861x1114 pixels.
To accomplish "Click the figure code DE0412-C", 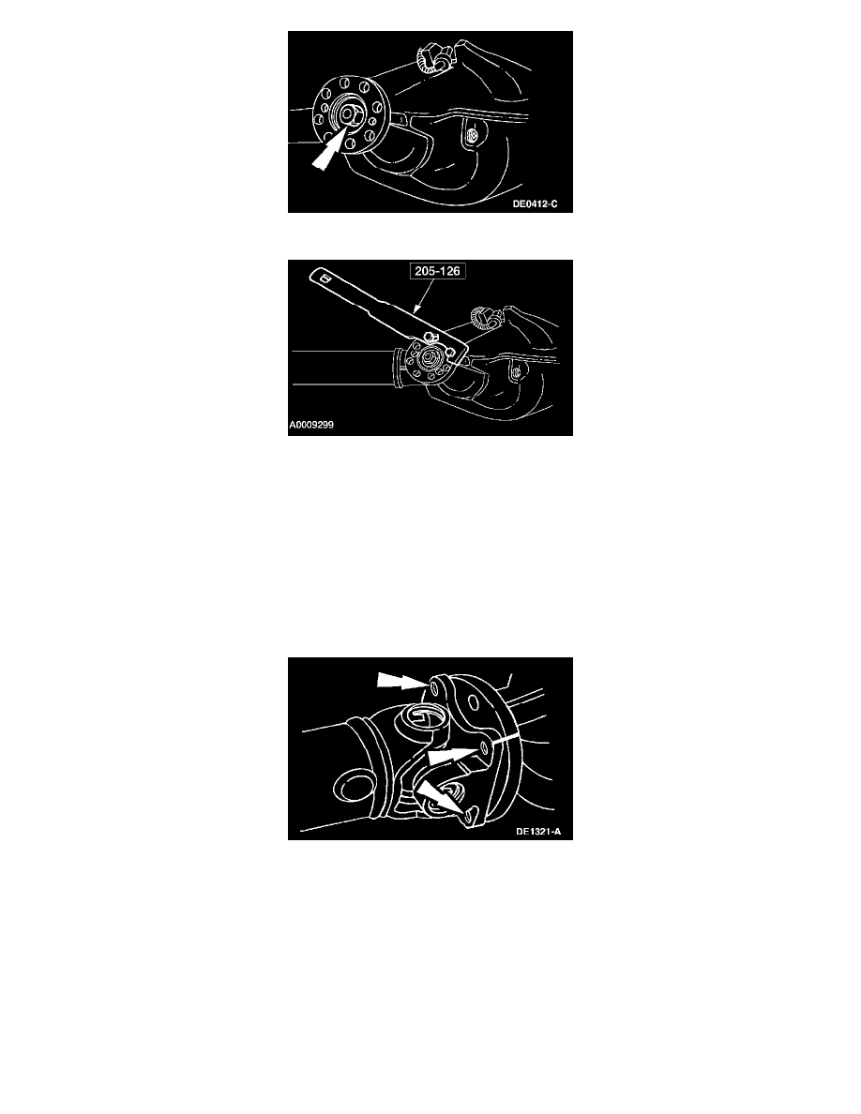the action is [x=535, y=203].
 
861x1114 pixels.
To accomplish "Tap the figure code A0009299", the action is [x=311, y=425].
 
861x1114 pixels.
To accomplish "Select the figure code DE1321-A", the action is [x=537, y=831].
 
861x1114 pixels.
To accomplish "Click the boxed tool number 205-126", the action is [x=438, y=271].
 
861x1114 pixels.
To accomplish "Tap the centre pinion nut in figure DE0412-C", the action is [x=349, y=113].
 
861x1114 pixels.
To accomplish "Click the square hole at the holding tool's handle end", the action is [x=324, y=278].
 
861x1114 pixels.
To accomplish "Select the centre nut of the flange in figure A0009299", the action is [x=429, y=359].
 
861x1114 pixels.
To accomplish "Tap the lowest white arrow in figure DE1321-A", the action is [x=441, y=799].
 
